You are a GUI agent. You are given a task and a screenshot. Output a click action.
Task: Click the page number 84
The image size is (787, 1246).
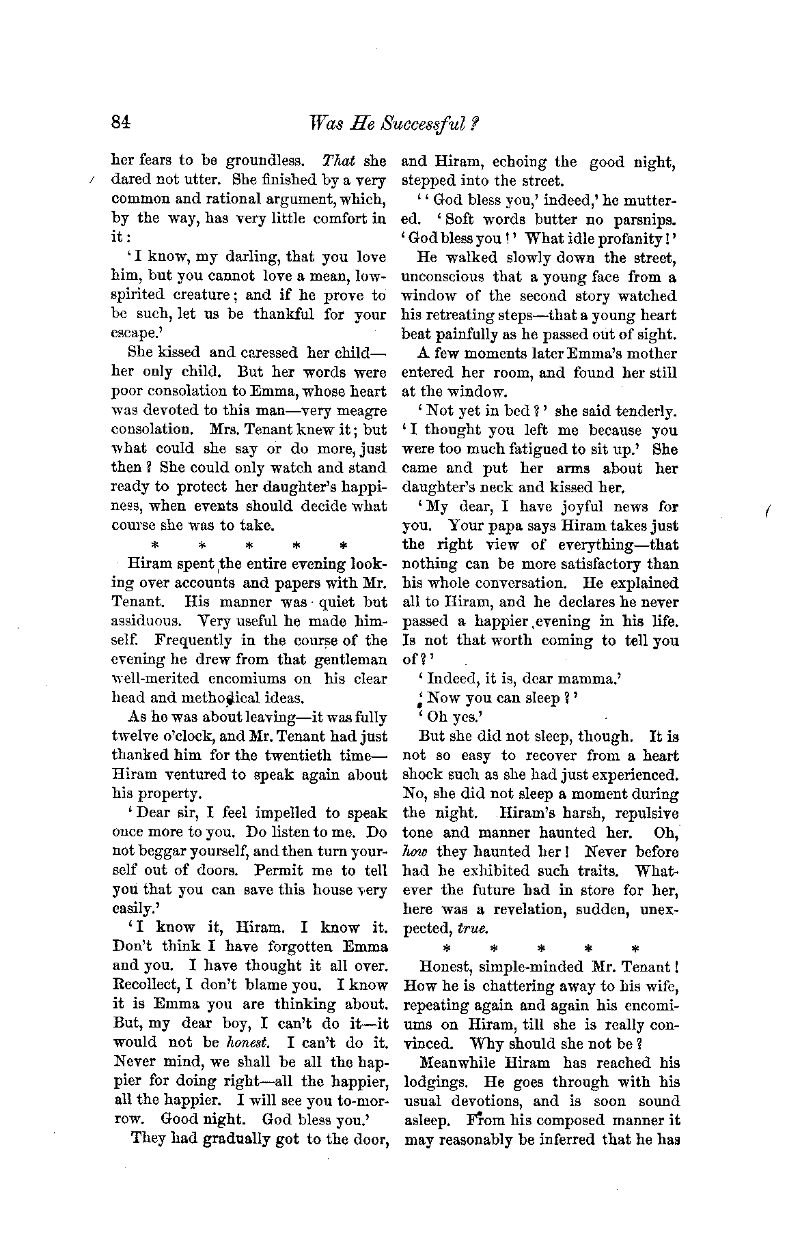120,122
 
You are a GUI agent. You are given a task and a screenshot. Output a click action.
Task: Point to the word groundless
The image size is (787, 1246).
264,161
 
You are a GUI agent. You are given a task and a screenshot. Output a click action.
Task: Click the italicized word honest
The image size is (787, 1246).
245,1043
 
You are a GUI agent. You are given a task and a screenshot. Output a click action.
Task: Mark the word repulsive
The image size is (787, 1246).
646,814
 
